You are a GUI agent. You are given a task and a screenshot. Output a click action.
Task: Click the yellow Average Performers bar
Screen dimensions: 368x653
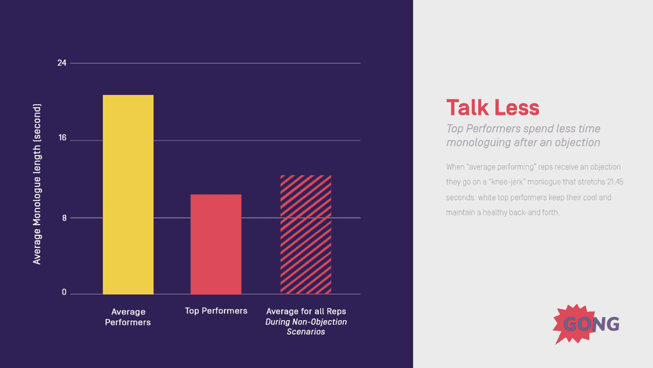click(x=128, y=195)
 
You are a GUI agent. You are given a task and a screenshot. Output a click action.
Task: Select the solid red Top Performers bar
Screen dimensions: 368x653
click(x=216, y=244)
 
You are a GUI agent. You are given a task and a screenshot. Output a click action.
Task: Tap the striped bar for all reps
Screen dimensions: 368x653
click(x=305, y=234)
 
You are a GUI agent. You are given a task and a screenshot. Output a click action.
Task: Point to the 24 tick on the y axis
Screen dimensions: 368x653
click(x=61, y=63)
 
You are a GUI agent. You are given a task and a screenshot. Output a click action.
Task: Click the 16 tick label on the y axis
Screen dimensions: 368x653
click(x=62, y=139)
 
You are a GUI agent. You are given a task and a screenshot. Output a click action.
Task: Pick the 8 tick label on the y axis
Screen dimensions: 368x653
click(x=64, y=217)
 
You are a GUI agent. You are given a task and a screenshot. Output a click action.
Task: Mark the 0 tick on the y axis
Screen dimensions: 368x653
click(x=64, y=293)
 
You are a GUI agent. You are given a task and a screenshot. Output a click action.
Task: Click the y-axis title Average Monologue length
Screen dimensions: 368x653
click(x=37, y=184)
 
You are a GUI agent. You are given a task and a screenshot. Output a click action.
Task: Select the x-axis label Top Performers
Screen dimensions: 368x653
click(x=216, y=311)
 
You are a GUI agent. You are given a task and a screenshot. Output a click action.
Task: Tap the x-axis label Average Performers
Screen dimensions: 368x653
click(x=128, y=317)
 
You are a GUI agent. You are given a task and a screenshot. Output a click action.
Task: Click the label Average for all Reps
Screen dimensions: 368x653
click(x=305, y=311)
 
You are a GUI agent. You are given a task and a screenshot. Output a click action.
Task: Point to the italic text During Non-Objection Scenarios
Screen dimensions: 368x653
click(x=305, y=327)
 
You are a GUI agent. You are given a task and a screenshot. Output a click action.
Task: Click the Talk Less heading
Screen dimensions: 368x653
click(x=492, y=107)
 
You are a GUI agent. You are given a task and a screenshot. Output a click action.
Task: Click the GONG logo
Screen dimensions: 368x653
click(x=586, y=323)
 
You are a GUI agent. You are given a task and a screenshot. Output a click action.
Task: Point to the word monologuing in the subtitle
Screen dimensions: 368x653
click(x=478, y=143)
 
